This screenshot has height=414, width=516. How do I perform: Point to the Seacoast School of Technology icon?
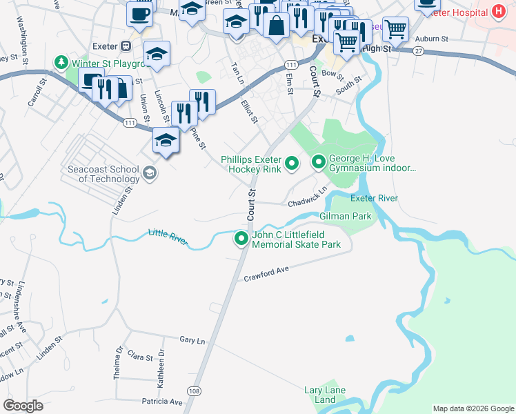click(150, 173)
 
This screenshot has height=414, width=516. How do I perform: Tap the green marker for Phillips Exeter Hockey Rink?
click(292, 164)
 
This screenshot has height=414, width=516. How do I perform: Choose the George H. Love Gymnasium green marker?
click(319, 163)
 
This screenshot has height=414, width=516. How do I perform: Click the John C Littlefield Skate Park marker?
click(241, 239)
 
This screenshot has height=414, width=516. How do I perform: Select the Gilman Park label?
click(350, 217)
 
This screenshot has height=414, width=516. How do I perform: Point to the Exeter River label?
click(374, 199)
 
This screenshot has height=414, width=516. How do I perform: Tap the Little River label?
click(168, 236)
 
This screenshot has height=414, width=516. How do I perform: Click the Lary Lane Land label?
click(324, 395)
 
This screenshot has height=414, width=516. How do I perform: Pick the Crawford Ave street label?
click(266, 275)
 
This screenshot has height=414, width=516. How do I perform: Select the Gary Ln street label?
click(192, 340)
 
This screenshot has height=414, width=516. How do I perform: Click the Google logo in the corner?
click(23, 406)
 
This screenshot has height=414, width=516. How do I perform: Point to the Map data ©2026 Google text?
click(473, 408)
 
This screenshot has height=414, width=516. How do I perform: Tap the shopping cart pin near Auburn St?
click(395, 28)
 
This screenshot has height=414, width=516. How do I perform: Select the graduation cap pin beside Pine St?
click(165, 140)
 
